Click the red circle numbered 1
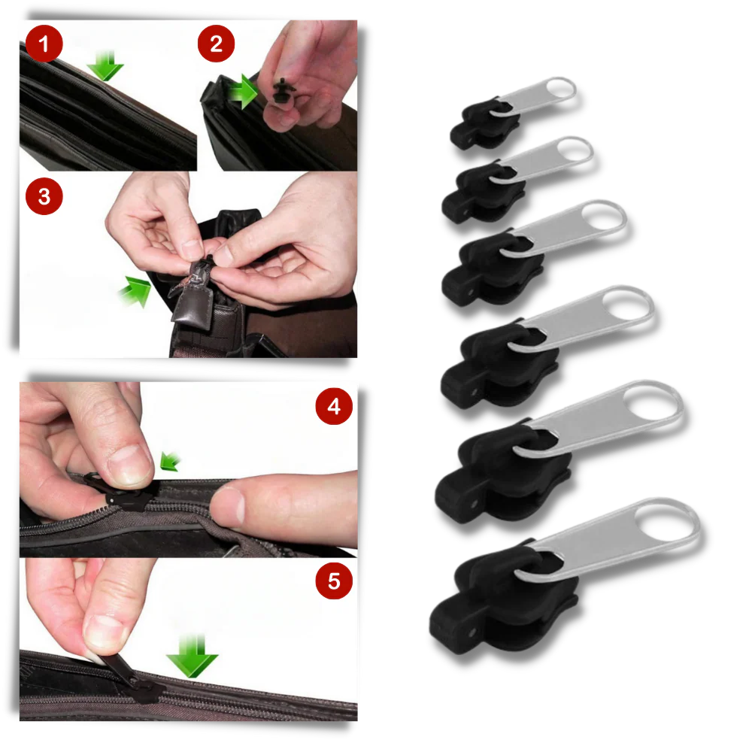tap(44, 44)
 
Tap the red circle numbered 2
tap(217, 44)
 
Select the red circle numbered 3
tap(44, 197)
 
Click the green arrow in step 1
tap(105, 68)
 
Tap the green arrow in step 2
tap(241, 92)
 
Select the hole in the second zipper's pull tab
tap(575, 150)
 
